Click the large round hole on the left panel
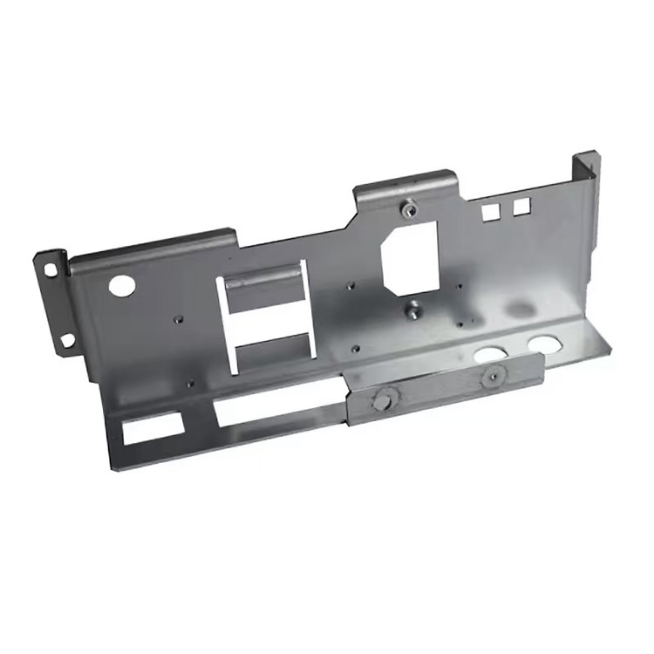coord(121,283)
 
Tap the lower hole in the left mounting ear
coord(66,339)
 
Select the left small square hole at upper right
coord(490,211)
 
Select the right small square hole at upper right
coord(521,206)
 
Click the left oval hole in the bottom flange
coord(490,354)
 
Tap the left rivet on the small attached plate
coord(380,400)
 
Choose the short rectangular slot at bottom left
coord(153,426)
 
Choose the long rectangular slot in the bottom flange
coord(277,402)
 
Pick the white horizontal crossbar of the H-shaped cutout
coord(269,320)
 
